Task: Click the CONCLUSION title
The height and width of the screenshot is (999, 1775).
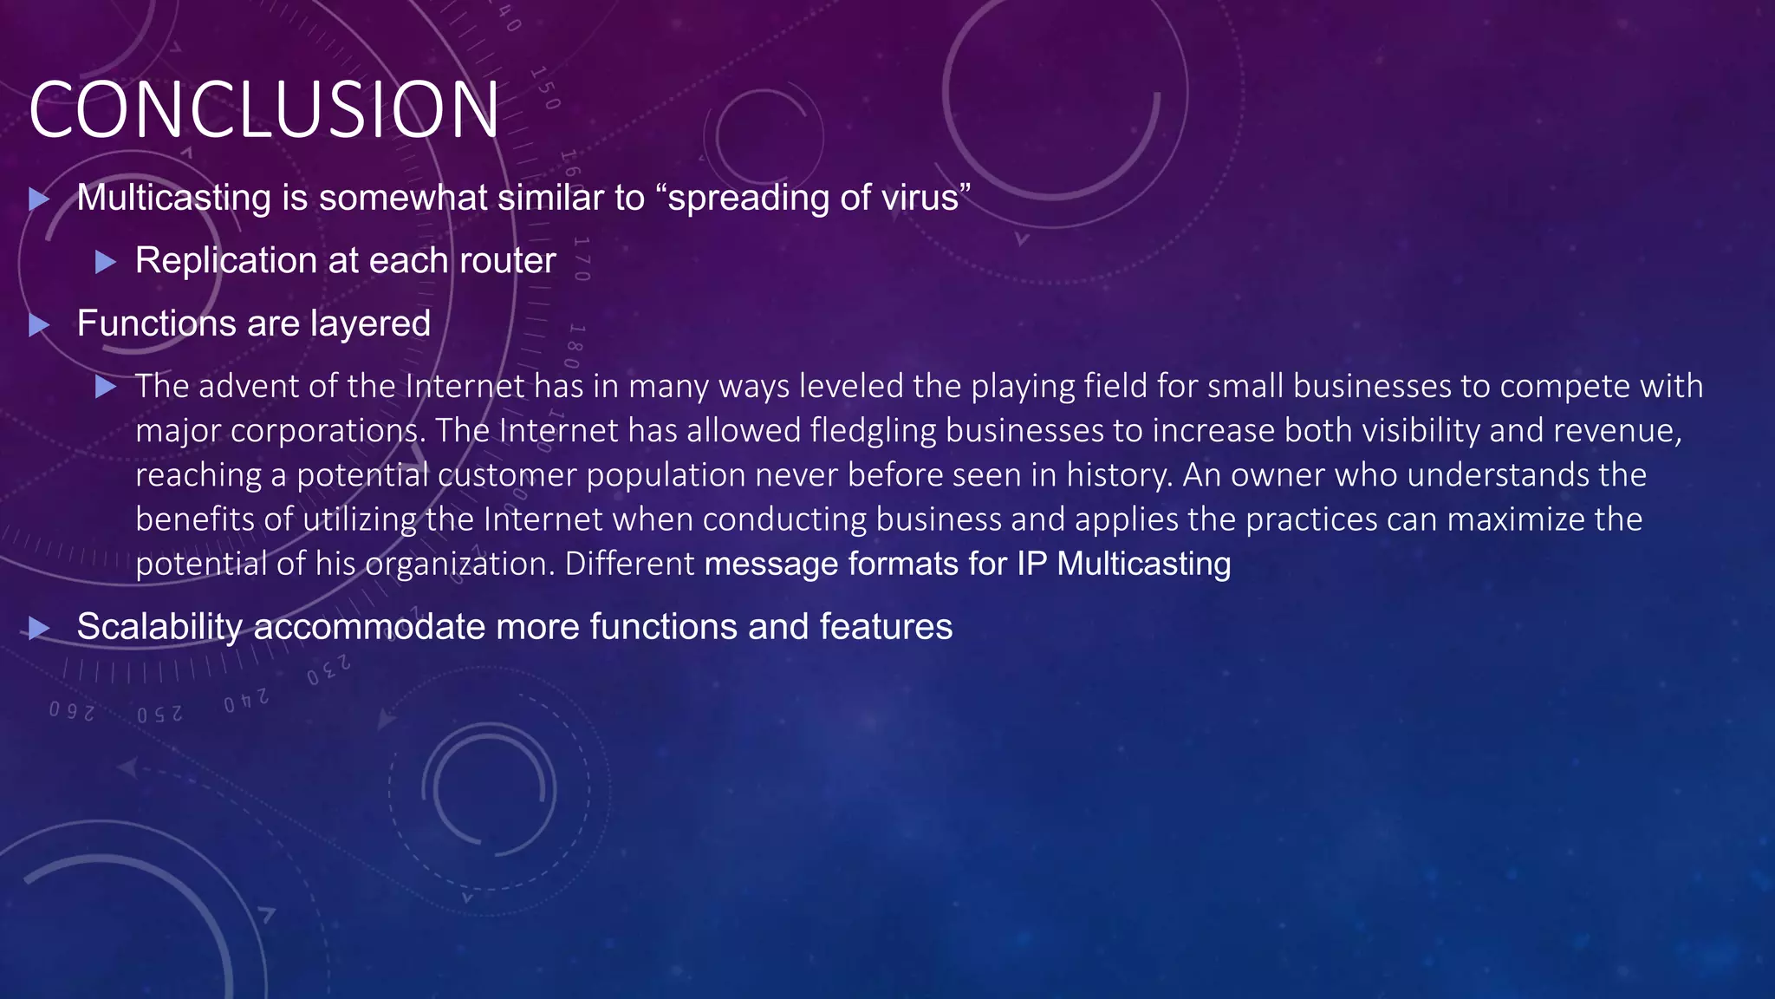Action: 264,110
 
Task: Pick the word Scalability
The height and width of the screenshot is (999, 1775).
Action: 159,627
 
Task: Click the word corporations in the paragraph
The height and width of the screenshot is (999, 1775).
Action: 328,431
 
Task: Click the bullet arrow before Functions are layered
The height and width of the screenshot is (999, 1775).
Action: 38,326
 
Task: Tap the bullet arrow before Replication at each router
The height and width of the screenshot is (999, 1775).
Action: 105,262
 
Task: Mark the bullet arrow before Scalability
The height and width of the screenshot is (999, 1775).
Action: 38,629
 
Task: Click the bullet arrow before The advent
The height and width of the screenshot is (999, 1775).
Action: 105,387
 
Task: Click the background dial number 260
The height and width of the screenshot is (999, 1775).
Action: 71,711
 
